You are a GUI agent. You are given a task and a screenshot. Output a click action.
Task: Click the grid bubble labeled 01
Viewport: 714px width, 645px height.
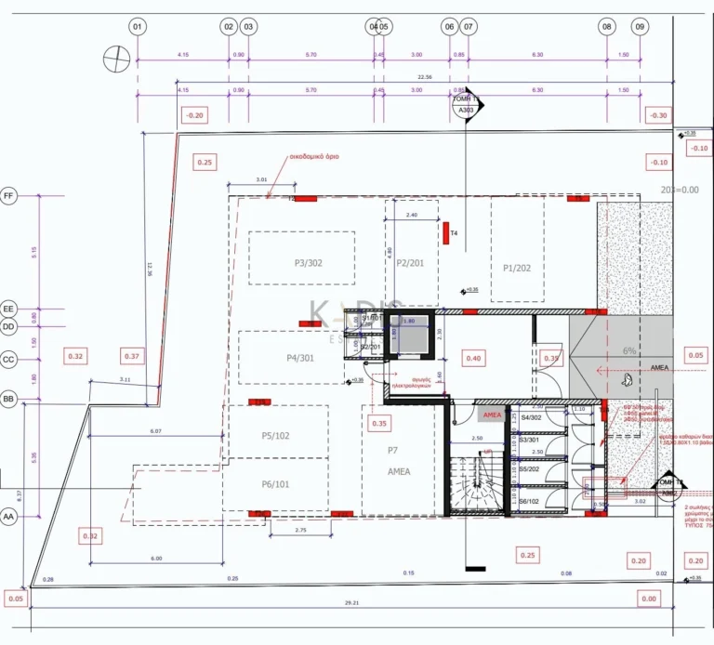tap(138, 27)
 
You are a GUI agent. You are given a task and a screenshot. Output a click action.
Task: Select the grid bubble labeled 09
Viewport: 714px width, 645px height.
tap(640, 27)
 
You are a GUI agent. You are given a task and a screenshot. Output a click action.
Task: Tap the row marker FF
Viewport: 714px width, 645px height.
tap(9, 196)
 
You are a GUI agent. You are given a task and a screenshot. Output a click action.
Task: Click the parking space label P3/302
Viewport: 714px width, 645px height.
tap(308, 263)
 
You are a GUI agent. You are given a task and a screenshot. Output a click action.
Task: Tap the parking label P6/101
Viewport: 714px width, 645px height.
tap(274, 484)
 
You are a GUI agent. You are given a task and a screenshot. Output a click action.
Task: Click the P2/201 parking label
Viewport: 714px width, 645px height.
tap(410, 263)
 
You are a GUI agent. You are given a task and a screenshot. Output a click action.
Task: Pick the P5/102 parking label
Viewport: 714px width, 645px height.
tap(276, 436)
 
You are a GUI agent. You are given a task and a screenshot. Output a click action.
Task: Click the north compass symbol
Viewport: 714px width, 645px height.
tap(115, 58)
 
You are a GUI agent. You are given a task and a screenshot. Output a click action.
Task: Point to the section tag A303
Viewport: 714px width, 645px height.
tap(465, 111)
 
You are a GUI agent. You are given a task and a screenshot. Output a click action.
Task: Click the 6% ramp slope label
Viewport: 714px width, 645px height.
tap(629, 351)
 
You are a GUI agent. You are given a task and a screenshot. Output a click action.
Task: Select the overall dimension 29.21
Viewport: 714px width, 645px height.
tap(350, 603)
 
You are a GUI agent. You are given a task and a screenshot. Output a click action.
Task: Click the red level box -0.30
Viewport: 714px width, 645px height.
tap(659, 115)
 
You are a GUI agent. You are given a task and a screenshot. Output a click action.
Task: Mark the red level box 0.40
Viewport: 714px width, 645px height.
tap(473, 358)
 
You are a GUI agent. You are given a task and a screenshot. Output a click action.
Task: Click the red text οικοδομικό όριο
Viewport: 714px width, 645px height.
tap(312, 157)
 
